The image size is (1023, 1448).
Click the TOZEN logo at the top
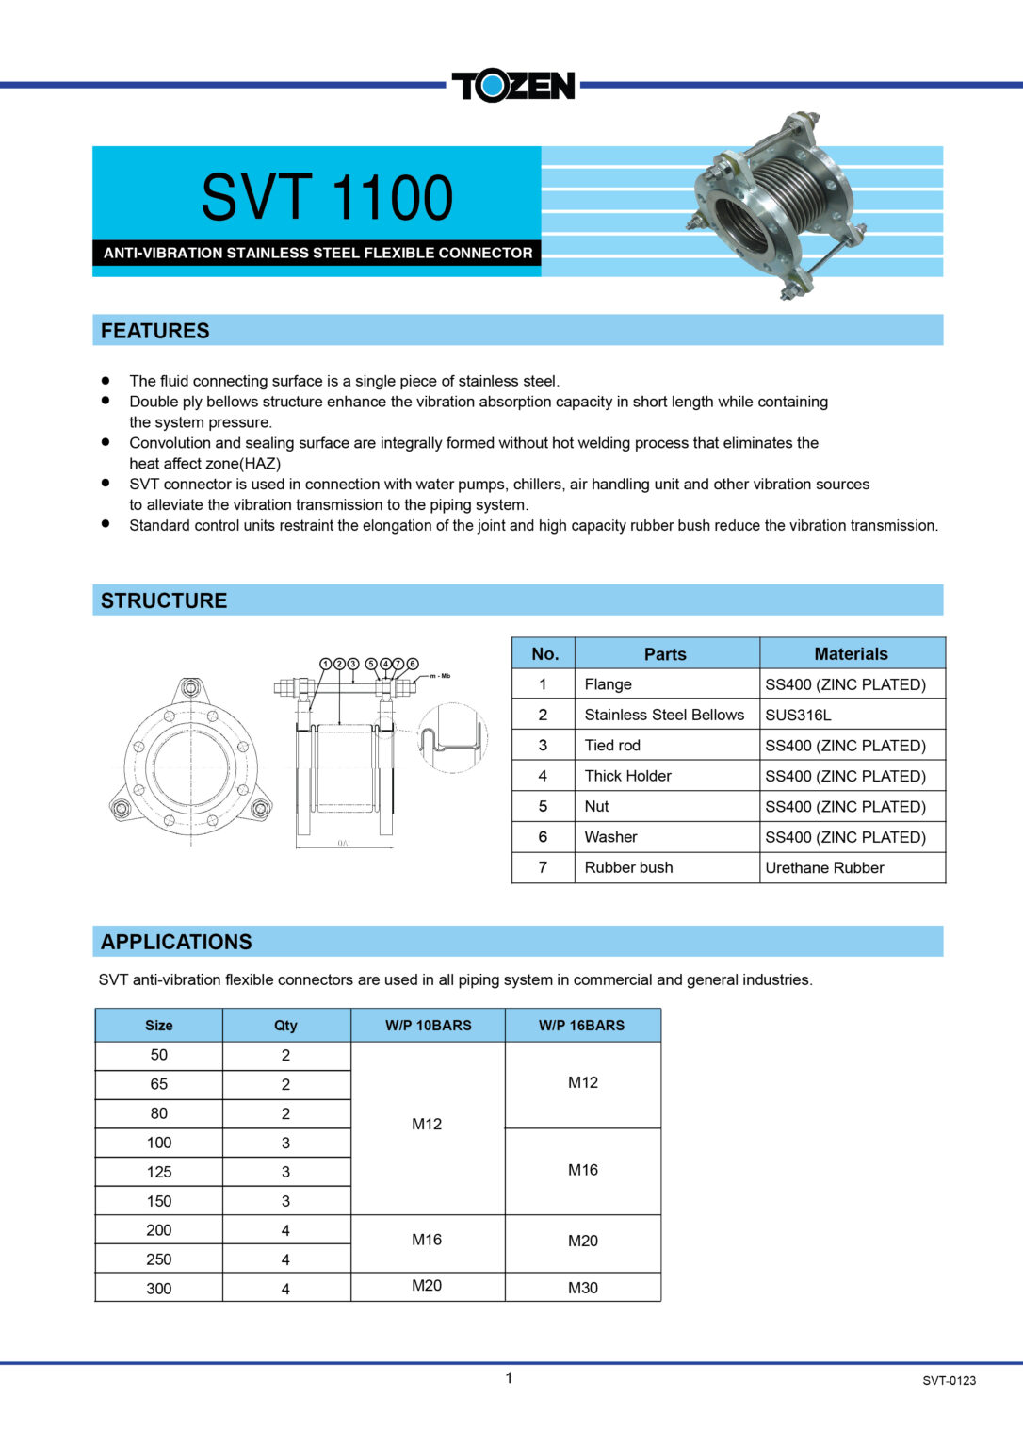coord(512,86)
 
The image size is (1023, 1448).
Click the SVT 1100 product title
coord(327,197)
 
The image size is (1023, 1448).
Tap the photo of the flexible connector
coord(778,206)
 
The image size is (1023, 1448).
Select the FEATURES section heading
coord(155,331)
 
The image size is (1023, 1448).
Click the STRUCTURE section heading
coord(164,601)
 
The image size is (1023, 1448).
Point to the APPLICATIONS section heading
coord(176,942)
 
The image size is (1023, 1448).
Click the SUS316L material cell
coord(798,715)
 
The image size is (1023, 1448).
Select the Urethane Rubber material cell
coord(824,867)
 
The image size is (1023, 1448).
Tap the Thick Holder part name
coord(627,776)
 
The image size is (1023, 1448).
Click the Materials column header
coord(851,653)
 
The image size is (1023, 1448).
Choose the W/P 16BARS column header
coord(581,1025)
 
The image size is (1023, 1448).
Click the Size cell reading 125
coord(159,1172)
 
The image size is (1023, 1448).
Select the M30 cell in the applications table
coord(582,1288)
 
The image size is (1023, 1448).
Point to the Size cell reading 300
coord(159,1289)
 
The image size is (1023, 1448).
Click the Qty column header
coord(285,1025)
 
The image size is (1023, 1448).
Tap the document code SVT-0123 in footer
coord(949,1380)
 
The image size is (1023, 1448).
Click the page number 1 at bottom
coord(509,1378)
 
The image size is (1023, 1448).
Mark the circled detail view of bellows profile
coord(453,737)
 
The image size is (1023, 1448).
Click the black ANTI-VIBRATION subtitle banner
coord(317,253)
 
